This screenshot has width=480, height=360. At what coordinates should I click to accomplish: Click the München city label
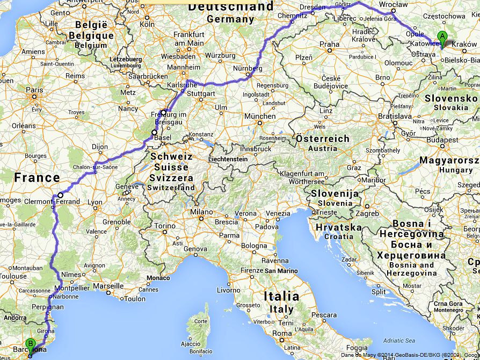tap(259, 116)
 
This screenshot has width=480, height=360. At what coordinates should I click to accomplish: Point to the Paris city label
tap(34, 90)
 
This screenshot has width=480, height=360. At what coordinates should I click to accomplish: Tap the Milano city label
tap(201, 212)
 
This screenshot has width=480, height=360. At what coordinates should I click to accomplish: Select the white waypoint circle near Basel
tap(154, 132)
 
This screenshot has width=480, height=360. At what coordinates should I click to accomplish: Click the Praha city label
tap(329, 44)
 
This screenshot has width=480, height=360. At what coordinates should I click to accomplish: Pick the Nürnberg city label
tap(248, 68)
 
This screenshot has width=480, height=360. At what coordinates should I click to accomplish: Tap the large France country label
tap(37, 178)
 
